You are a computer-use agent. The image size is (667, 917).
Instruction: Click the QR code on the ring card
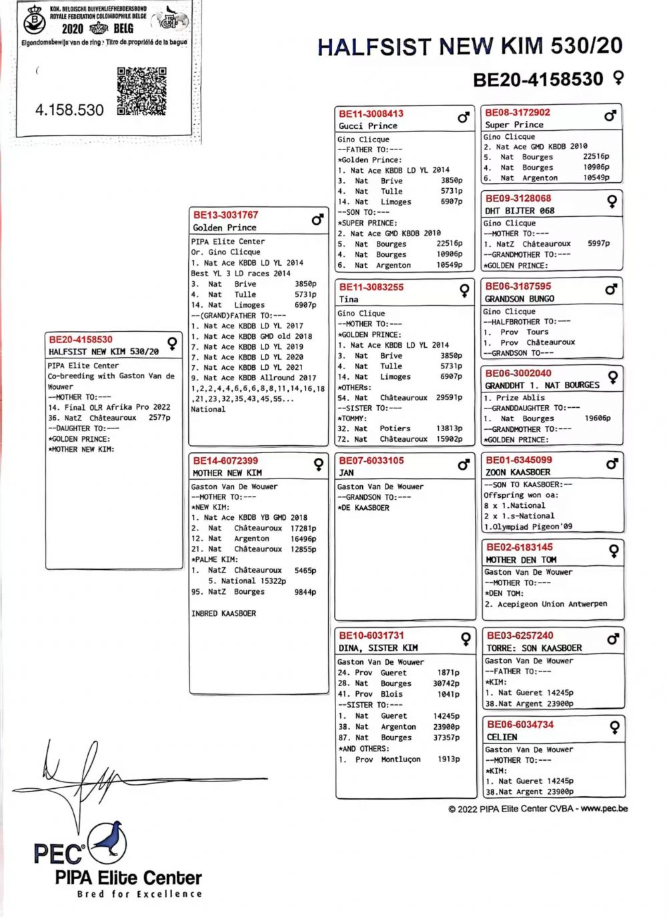[141, 91]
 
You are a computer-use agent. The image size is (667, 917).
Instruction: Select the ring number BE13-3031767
[225, 215]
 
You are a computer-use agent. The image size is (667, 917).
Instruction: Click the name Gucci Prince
[368, 125]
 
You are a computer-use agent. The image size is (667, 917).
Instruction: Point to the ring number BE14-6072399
[225, 461]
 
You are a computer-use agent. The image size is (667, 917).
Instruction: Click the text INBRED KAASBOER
[223, 613]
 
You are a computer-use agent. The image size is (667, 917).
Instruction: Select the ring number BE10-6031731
[372, 635]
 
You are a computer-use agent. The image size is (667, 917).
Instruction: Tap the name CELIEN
[502, 737]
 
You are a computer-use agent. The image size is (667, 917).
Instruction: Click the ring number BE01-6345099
[519, 460]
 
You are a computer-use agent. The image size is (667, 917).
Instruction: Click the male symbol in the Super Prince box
[610, 115]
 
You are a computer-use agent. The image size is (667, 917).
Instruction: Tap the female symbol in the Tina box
[464, 290]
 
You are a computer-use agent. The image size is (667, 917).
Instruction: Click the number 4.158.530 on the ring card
[69, 110]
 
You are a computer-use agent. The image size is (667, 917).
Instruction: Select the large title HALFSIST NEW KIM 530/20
[470, 46]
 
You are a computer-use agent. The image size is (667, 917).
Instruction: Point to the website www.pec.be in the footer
[604, 808]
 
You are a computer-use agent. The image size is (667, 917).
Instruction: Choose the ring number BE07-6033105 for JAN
[372, 461]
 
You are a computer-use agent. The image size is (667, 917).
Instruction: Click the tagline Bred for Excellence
[139, 894]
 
